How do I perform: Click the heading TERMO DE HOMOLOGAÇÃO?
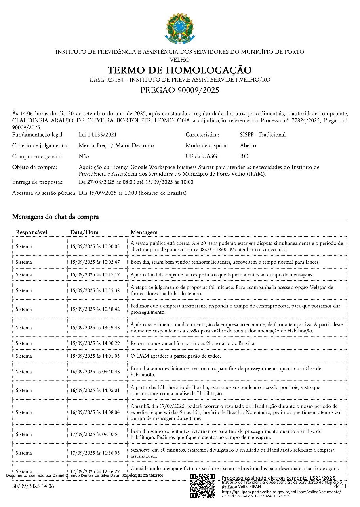pyautogui.click(x=180, y=70)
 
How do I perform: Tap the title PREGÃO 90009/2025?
pyautogui.click(x=180, y=90)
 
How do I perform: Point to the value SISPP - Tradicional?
pyautogui.click(x=263, y=135)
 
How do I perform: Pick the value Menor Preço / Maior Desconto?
pyautogui.click(x=116, y=145)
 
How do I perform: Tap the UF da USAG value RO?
pyautogui.click(x=244, y=156)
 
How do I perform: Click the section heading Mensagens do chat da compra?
pyautogui.click(x=55, y=217)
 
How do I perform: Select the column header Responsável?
pyautogui.click(x=32, y=232)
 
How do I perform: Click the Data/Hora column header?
pyautogui.click(x=84, y=232)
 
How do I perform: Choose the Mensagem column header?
pyautogui.click(x=144, y=232)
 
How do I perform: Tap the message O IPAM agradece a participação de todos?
pyautogui.click(x=181, y=356)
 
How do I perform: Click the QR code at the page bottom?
pyautogui.click(x=202, y=486)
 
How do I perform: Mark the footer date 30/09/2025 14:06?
pyautogui.click(x=33, y=486)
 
